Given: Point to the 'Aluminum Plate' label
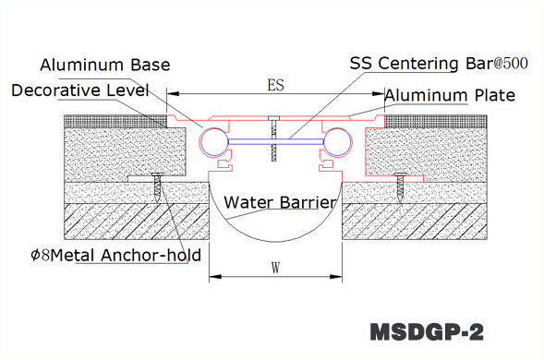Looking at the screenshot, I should [450, 95].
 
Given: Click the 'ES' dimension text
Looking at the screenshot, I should [274, 85].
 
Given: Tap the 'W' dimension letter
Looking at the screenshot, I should [275, 269].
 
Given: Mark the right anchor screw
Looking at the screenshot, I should [399, 187].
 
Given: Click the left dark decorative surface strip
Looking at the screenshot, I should [115, 120].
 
